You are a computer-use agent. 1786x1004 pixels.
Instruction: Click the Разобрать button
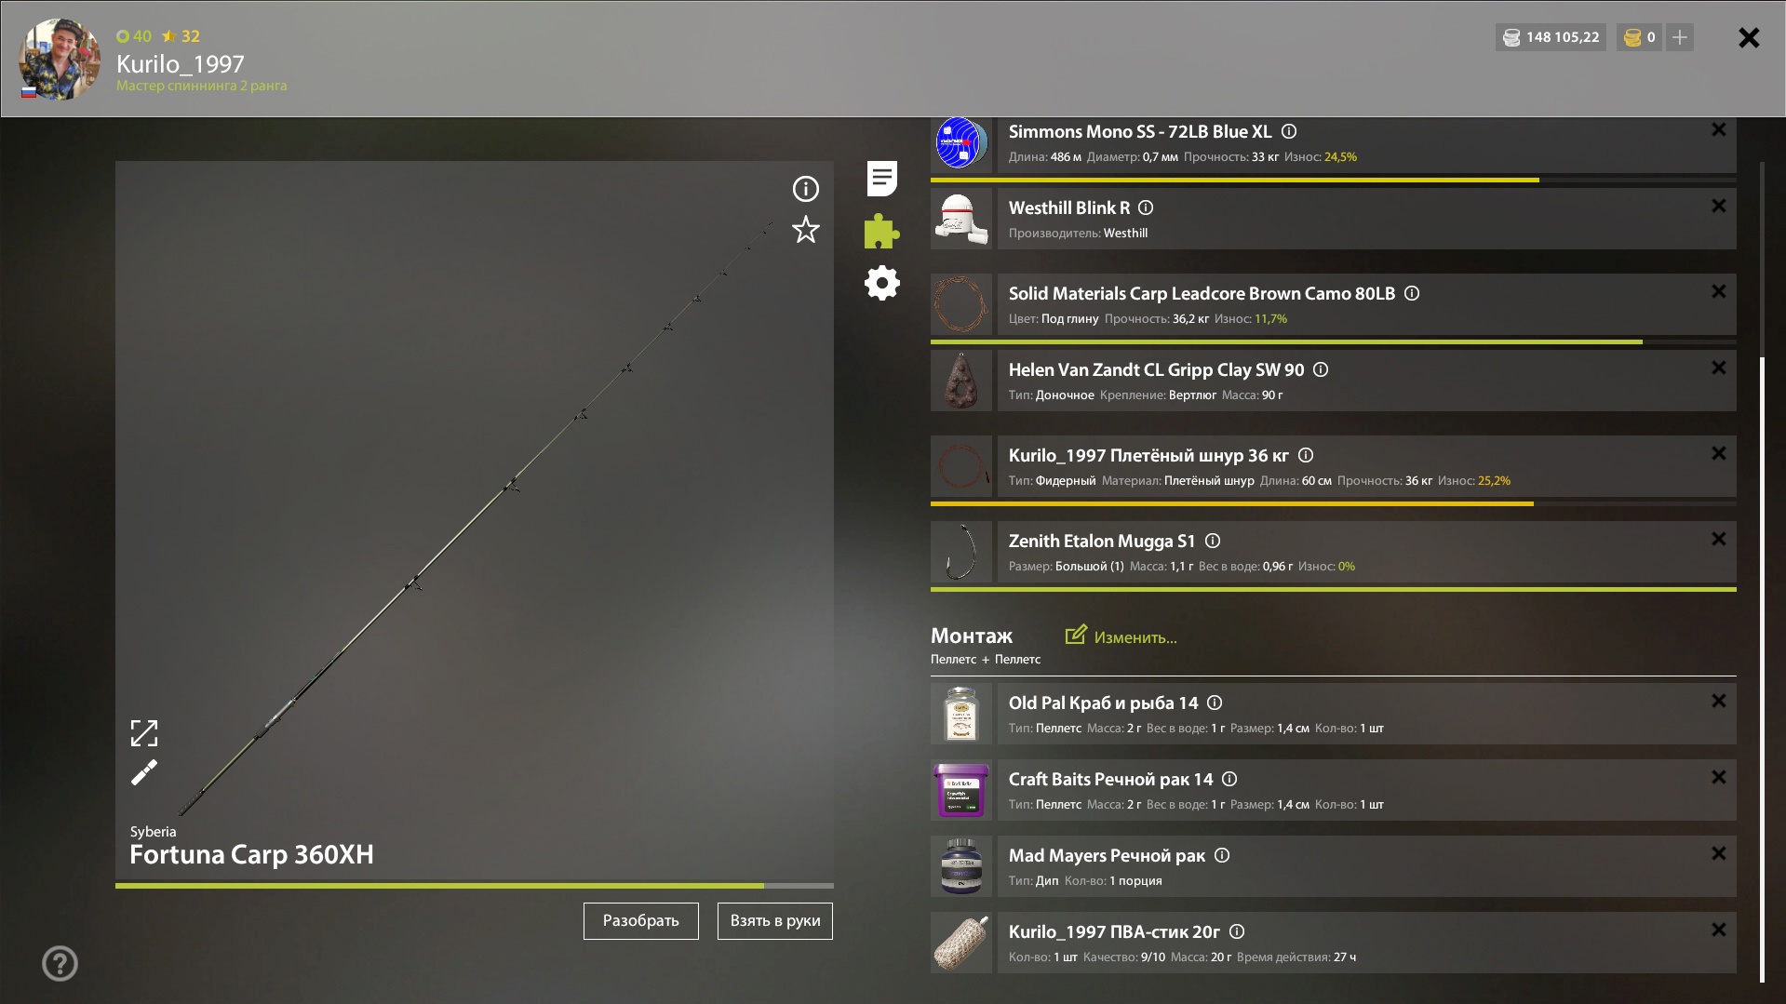[640, 920]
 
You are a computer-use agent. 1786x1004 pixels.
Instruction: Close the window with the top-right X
[1749, 37]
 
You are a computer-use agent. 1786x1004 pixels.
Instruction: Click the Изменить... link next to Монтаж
[1121, 636]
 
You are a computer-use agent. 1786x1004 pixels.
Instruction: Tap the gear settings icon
[881, 283]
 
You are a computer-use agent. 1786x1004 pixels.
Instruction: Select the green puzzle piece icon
[881, 231]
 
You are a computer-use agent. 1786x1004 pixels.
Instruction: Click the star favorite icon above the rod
[806, 229]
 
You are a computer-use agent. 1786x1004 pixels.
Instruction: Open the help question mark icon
[60, 963]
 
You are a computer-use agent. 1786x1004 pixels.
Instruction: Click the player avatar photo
[60, 59]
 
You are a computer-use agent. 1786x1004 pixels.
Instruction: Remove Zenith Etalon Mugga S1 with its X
[1719, 539]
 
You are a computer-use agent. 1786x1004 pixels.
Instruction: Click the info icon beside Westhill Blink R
[1146, 207]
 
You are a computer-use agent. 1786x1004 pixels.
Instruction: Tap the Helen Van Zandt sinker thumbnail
[961, 381]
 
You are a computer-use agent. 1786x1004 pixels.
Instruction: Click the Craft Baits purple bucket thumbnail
[961, 790]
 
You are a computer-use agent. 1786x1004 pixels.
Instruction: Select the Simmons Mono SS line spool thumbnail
[961, 143]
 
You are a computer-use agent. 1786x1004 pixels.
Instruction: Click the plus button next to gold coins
[1680, 37]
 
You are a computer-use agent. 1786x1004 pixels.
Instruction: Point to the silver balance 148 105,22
[1551, 37]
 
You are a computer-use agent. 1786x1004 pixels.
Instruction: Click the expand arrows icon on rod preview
[144, 733]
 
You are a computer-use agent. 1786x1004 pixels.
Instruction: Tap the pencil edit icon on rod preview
[144, 772]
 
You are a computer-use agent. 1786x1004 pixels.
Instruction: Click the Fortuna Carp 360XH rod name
[251, 854]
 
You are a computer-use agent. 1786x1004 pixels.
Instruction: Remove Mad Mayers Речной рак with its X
[1719, 853]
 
